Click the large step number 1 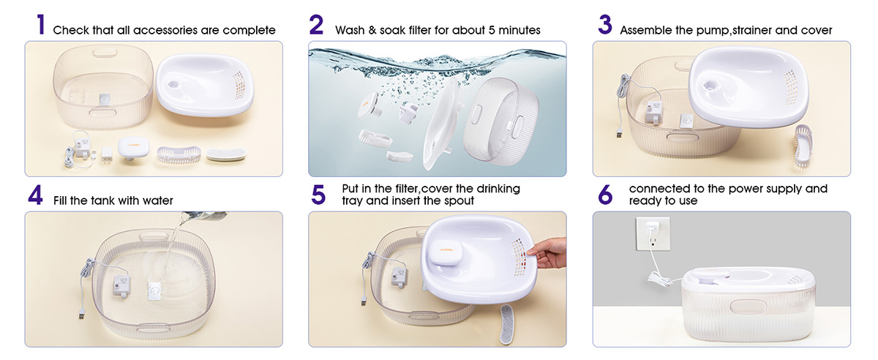[x=41, y=24]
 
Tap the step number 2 [x=316, y=24]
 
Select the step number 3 [x=605, y=24]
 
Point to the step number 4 [x=35, y=195]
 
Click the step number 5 [x=318, y=195]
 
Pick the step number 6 [x=605, y=195]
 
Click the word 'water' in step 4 [x=157, y=200]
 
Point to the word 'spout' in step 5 [x=459, y=201]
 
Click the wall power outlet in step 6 [x=653, y=233]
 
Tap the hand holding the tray [x=547, y=253]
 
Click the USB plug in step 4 [x=81, y=314]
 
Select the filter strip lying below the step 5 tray [x=506, y=325]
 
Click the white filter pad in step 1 [x=226, y=154]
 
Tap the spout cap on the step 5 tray [x=446, y=252]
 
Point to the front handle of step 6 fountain [x=748, y=307]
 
